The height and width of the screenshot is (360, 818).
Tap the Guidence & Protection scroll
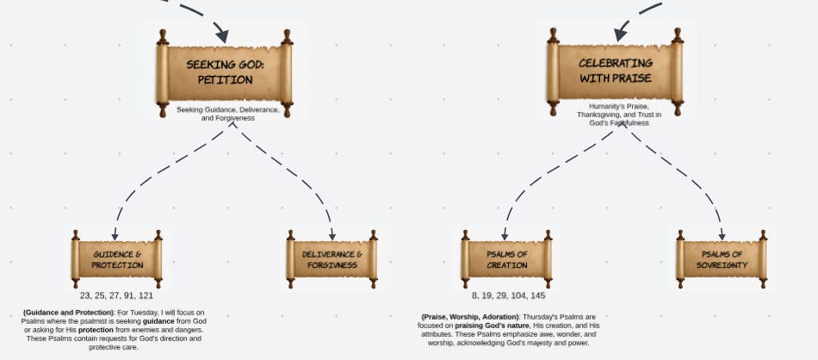pos(117,259)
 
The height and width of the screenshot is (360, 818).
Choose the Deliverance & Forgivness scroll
pos(332,259)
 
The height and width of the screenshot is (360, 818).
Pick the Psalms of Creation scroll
pos(507,259)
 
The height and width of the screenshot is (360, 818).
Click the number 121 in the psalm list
pos(146,295)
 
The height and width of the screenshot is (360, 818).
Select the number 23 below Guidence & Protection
pos(85,295)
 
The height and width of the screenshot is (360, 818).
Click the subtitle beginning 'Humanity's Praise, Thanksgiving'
pos(619,115)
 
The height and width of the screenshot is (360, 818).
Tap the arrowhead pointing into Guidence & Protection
pos(115,235)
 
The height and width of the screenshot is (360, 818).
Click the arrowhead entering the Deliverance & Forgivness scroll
pos(332,235)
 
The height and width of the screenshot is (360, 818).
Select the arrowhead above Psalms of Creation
pos(505,235)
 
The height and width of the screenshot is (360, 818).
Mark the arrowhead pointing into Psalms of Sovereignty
pos(722,235)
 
